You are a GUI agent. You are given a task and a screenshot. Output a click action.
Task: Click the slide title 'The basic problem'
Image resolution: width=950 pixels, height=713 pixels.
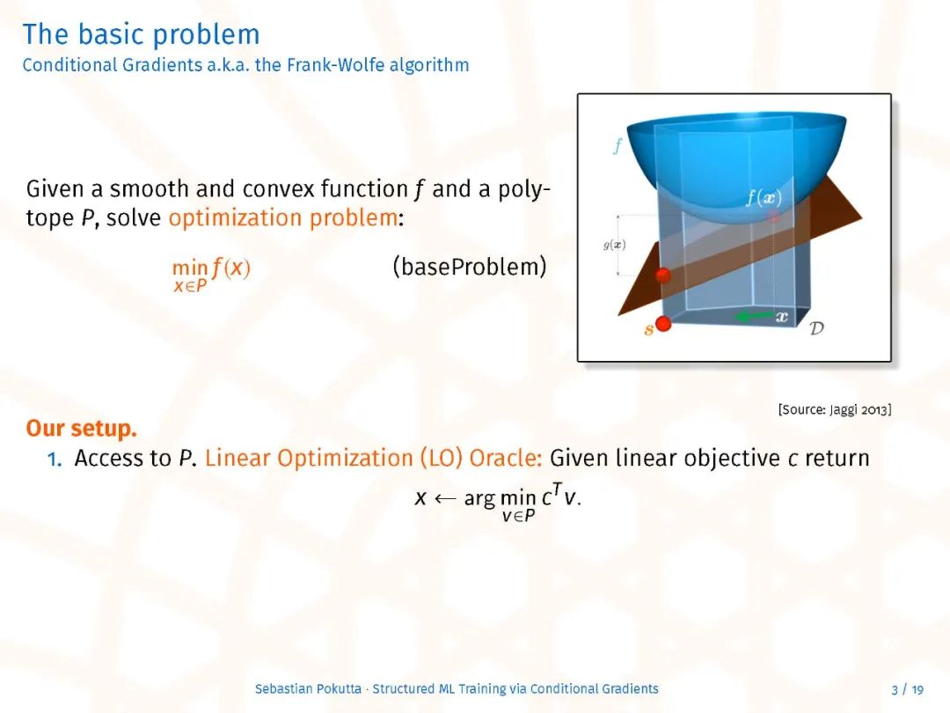click(x=141, y=34)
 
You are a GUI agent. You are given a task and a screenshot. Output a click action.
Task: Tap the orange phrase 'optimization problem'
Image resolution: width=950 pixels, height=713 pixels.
click(x=283, y=217)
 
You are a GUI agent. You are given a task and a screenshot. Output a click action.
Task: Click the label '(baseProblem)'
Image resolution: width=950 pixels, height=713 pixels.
click(x=470, y=267)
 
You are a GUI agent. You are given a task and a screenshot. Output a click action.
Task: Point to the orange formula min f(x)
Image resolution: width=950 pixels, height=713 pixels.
click(x=211, y=274)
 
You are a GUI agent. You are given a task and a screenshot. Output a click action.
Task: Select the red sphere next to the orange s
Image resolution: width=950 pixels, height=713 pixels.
click(x=663, y=324)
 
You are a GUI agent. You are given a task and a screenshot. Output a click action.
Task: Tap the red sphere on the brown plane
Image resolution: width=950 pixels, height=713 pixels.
click(x=663, y=276)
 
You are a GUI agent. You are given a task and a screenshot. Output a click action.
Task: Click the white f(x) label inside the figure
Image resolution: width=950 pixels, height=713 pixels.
click(x=764, y=198)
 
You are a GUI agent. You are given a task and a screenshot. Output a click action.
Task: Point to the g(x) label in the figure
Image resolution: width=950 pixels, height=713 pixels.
click(x=614, y=245)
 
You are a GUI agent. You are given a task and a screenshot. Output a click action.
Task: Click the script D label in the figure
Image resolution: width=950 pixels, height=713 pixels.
click(x=816, y=328)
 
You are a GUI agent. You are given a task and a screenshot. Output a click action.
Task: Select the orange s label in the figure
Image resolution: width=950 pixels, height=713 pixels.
click(x=649, y=329)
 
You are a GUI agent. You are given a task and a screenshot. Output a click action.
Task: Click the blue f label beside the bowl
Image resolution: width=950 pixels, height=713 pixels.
click(x=617, y=146)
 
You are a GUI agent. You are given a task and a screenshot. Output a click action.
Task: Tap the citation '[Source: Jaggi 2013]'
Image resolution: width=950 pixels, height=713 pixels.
click(x=834, y=410)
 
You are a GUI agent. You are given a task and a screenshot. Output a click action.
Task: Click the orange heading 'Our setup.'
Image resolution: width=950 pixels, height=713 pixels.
click(x=81, y=428)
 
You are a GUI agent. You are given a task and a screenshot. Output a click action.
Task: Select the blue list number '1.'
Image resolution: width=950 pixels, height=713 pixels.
click(x=55, y=459)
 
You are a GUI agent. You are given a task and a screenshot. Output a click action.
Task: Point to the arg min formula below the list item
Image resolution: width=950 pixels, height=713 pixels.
click(x=498, y=504)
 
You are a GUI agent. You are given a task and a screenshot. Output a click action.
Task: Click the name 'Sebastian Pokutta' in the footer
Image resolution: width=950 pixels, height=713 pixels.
click(x=308, y=688)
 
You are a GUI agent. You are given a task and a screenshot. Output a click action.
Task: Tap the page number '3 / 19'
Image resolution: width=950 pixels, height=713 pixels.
click(x=907, y=689)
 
